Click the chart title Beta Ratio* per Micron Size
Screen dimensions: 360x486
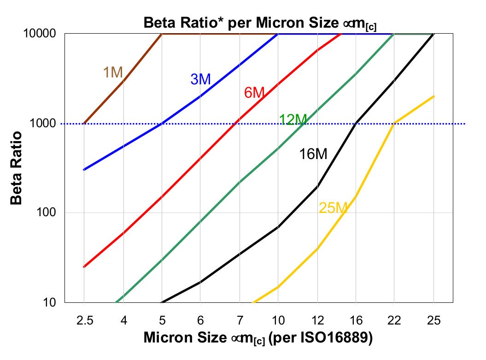(260, 22)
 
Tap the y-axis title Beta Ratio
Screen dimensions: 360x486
(17, 168)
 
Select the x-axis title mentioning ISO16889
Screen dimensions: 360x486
(258, 338)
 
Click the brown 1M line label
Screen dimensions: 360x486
(112, 72)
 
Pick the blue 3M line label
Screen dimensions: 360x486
(200, 79)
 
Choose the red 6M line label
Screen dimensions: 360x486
(254, 93)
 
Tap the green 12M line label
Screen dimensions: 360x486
(293, 120)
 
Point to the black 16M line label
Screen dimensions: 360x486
(313, 154)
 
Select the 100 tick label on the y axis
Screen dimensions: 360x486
(48, 213)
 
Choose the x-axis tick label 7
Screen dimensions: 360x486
(239, 320)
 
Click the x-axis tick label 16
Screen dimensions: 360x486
(356, 320)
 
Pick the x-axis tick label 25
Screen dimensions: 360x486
(433, 320)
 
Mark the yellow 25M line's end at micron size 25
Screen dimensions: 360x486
(433, 96)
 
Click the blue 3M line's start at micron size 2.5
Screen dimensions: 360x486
(84, 170)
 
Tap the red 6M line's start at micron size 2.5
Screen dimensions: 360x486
(84, 266)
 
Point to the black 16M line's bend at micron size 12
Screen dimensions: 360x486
(317, 186)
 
